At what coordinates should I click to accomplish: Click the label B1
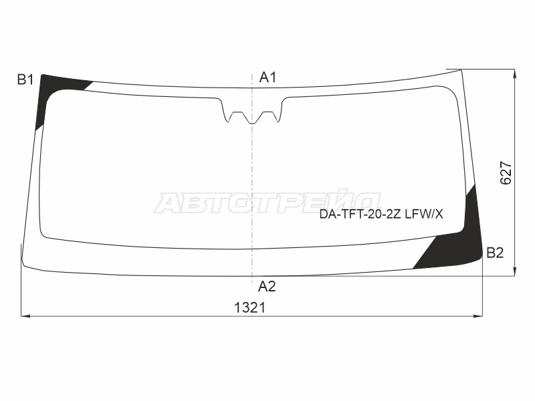[25, 80]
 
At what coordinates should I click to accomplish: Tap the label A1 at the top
[267, 78]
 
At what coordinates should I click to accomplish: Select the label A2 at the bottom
[267, 287]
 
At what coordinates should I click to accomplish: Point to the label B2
[495, 253]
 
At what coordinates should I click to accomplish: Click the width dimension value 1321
[249, 307]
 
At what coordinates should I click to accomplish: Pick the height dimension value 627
[506, 173]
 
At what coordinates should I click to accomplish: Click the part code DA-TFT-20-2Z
[360, 214]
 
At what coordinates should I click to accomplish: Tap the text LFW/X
[424, 214]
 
